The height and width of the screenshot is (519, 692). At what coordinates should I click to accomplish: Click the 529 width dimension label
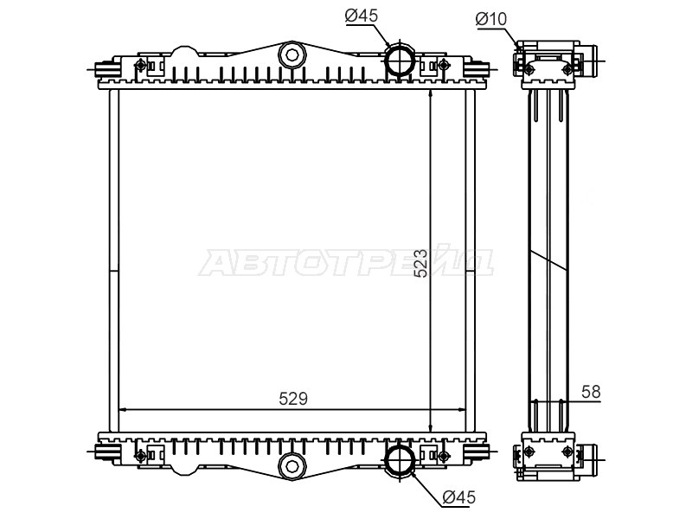pyautogui.click(x=292, y=399)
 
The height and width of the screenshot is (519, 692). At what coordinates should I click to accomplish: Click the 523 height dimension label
pyautogui.click(x=421, y=263)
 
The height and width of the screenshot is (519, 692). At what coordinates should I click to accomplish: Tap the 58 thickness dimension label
pyautogui.click(x=591, y=392)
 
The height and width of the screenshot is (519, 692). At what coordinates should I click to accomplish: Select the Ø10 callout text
pyautogui.click(x=491, y=19)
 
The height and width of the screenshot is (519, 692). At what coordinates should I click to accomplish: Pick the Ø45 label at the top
pyautogui.click(x=362, y=16)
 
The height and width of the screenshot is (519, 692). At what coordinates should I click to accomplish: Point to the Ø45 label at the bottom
pyautogui.click(x=459, y=497)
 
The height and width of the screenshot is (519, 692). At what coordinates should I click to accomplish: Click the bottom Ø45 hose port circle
pyautogui.click(x=400, y=460)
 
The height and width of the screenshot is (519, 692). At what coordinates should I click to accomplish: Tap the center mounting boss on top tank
pyautogui.click(x=292, y=55)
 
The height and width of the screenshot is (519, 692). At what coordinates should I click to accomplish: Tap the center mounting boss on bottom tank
pyautogui.click(x=292, y=466)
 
